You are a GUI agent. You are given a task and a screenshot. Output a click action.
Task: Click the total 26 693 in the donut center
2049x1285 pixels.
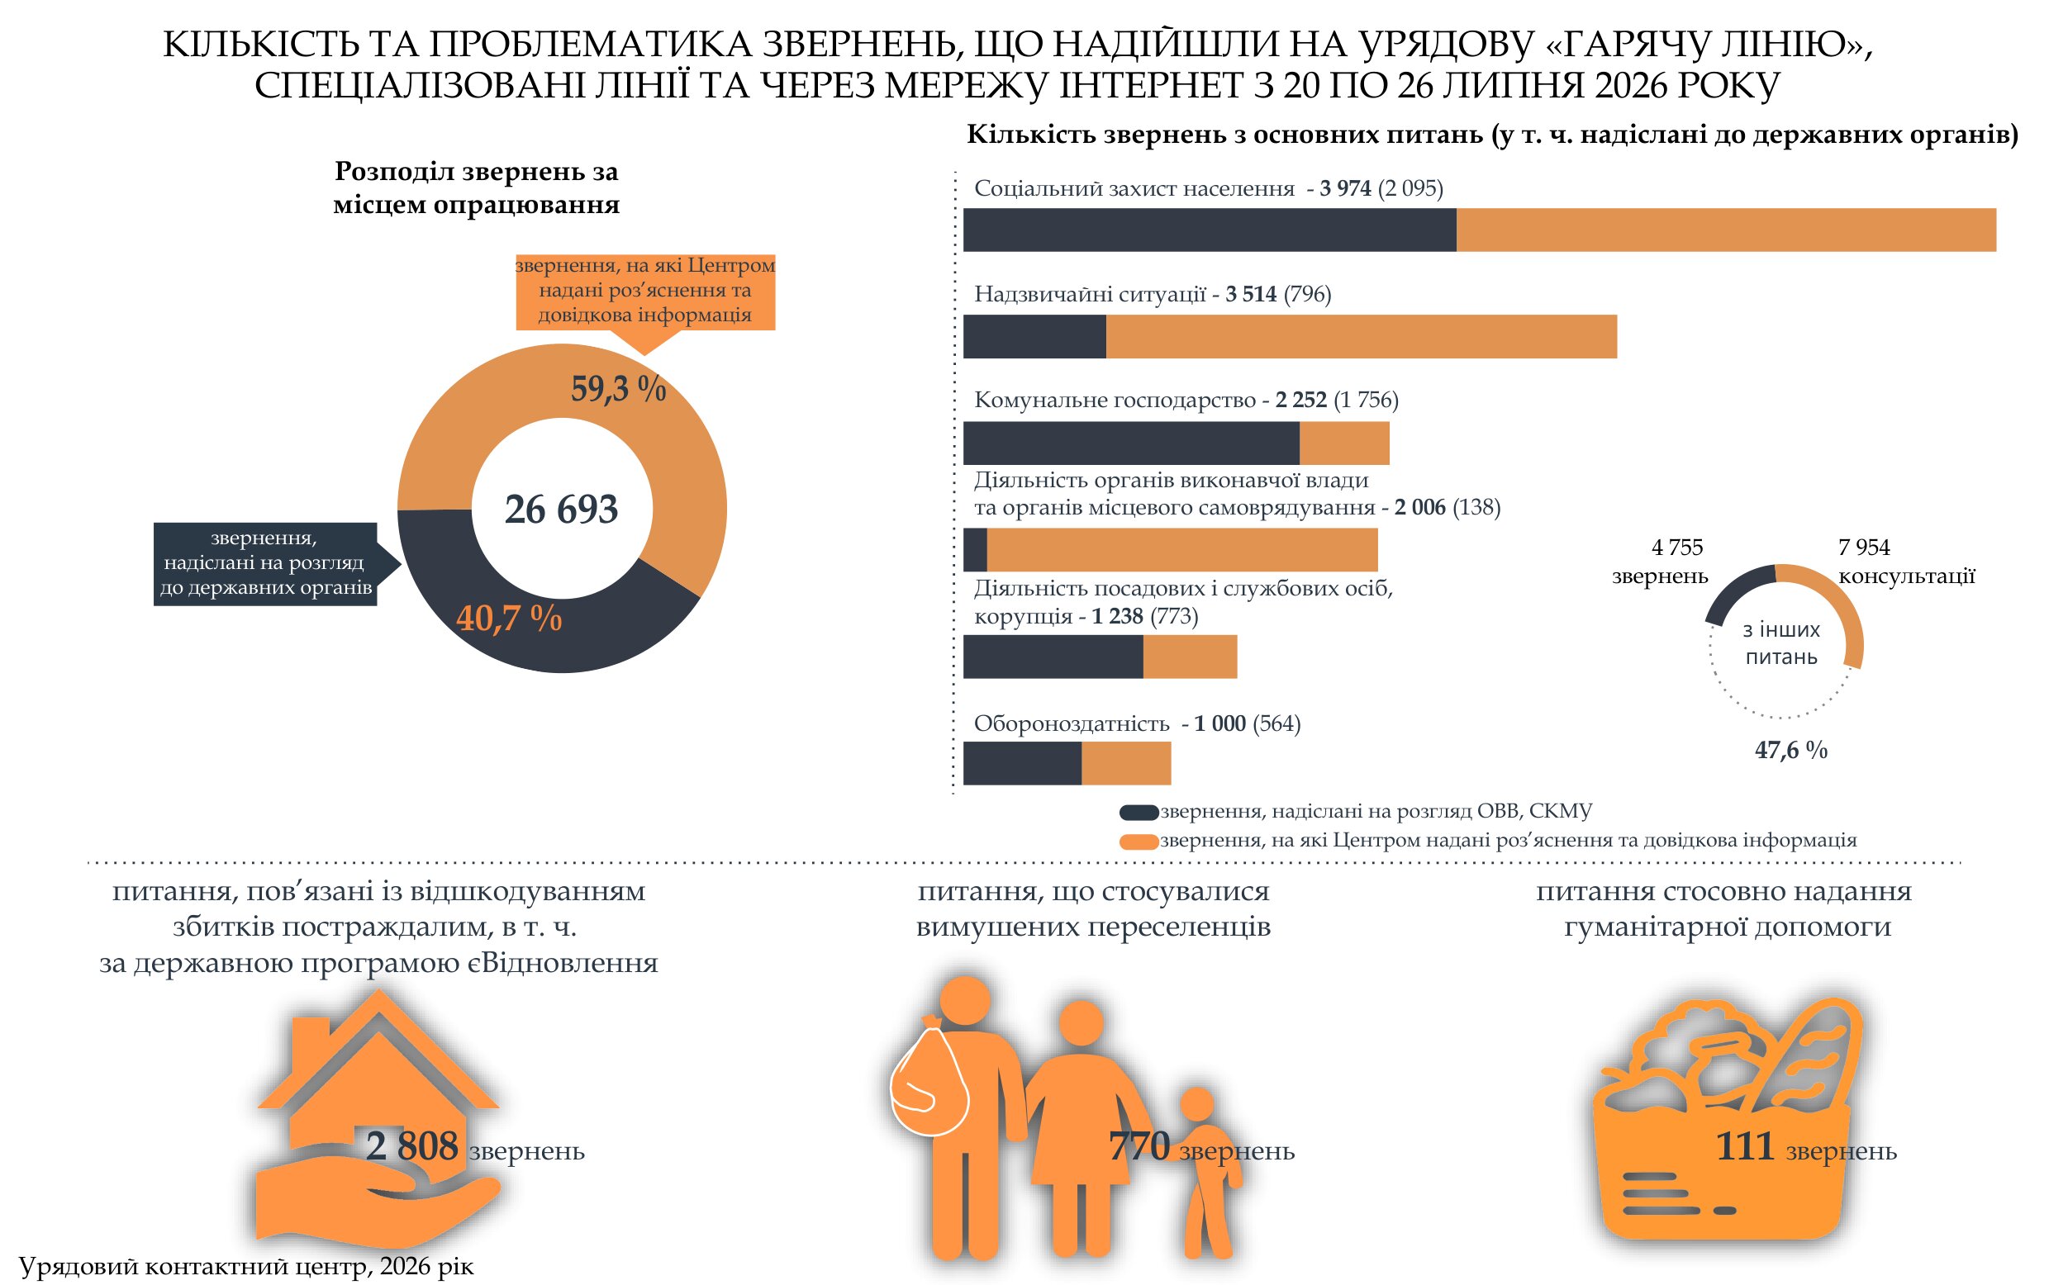coord(561,509)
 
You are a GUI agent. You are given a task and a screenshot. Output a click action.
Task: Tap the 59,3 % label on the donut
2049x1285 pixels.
coord(618,388)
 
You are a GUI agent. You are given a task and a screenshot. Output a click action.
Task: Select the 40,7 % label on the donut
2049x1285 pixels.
coord(509,618)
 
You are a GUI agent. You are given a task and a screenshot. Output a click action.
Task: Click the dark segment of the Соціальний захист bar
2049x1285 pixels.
coord(1209,230)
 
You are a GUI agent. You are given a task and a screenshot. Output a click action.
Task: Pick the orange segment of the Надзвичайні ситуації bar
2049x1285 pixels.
coord(1362,337)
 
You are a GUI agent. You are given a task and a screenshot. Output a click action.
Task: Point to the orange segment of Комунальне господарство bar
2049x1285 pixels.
coord(1344,443)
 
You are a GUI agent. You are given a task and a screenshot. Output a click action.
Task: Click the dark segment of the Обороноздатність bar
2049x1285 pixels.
coord(1022,763)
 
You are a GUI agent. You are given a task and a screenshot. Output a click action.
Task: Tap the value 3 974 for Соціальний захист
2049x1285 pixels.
coord(1345,187)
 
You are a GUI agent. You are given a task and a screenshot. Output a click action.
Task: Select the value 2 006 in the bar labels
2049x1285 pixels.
coord(1420,507)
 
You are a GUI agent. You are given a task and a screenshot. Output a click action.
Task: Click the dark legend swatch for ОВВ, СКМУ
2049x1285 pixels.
coord(1139,813)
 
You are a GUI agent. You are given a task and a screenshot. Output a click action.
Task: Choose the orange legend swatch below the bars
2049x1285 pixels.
coord(1139,842)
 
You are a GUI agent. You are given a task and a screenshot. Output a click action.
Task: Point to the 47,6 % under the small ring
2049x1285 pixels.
coord(1790,750)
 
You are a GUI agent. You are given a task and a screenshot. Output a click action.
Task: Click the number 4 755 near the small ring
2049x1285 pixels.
coord(1677,548)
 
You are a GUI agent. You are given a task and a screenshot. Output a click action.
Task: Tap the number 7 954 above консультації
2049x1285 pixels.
coord(1864,548)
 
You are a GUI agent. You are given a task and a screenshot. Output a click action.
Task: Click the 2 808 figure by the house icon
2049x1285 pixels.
coord(411,1146)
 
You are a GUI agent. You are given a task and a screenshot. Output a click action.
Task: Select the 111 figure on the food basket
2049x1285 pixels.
coord(1745,1146)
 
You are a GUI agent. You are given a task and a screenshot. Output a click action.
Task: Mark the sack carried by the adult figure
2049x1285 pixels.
coord(929,1078)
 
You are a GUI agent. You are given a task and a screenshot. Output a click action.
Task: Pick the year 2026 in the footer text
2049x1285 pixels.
coord(405,1266)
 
